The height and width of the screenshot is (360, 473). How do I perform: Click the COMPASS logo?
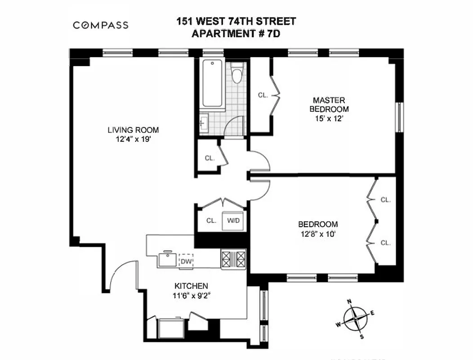[101, 25]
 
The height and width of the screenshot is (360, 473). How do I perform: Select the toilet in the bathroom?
[236, 72]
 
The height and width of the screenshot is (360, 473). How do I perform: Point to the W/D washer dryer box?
[233, 220]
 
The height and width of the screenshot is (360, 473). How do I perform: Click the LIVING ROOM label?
[133, 130]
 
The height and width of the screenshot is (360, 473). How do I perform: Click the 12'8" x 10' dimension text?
[318, 234]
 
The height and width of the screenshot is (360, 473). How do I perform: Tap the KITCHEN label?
[191, 286]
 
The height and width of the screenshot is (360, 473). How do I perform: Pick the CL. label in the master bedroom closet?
[263, 95]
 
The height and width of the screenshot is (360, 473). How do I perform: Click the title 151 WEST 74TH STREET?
[236, 22]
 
